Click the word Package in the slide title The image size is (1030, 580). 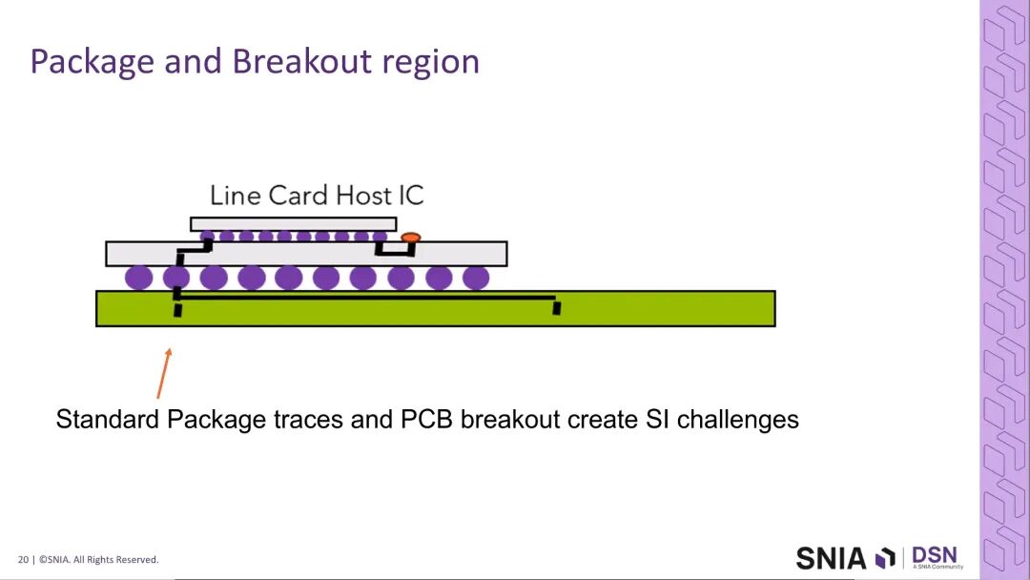92,63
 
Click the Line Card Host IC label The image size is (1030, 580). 317,196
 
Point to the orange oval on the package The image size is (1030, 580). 410,238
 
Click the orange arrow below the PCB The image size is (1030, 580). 164,373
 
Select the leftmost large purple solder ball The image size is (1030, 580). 138,278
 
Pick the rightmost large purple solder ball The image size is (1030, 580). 476,278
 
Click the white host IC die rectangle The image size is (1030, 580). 294,224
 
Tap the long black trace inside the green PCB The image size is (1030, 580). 366,298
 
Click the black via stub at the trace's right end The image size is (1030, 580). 557,307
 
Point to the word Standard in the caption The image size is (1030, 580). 108,419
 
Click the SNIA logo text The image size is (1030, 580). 831,558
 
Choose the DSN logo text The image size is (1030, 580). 935,556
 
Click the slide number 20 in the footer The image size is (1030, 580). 23,560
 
